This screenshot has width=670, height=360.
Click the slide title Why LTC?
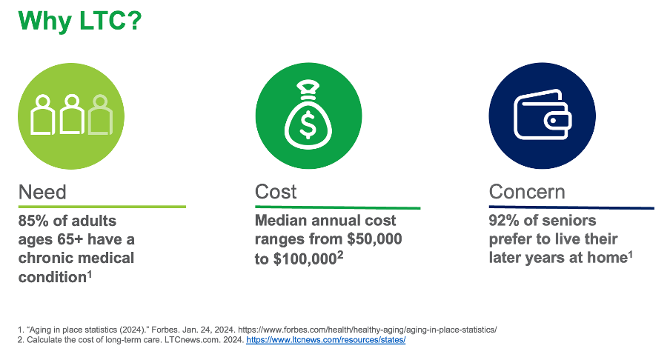(x=79, y=21)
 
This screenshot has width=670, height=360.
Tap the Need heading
(x=42, y=192)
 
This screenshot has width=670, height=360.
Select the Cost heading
(x=276, y=192)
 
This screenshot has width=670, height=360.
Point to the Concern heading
(x=527, y=192)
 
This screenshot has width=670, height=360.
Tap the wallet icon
(x=543, y=115)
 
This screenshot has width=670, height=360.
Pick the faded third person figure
(x=100, y=115)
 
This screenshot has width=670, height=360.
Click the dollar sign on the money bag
(x=308, y=124)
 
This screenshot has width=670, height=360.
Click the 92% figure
(x=504, y=220)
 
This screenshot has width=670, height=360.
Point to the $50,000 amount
(x=374, y=239)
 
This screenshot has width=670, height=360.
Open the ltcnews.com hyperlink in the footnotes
(x=325, y=340)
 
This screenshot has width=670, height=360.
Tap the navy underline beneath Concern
(x=571, y=208)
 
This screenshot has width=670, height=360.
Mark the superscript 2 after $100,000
(x=340, y=255)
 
